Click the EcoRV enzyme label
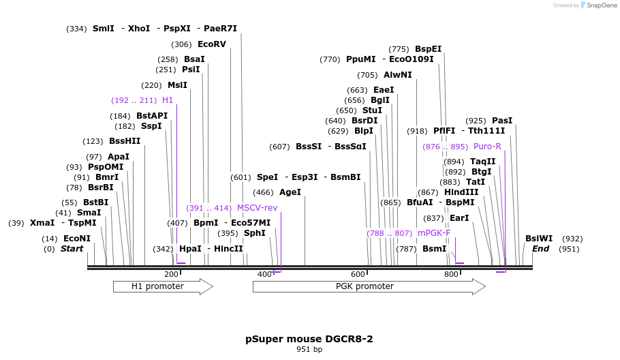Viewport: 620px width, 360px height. coord(211,44)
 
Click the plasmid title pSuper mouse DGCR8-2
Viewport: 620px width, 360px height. coord(309,339)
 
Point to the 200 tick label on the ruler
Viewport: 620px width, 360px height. coord(171,274)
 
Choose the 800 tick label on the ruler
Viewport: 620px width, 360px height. coord(451,274)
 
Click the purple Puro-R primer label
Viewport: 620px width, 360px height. coord(487,147)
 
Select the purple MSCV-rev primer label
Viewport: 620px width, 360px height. coord(262,208)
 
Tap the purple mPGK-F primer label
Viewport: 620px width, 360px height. coord(434,233)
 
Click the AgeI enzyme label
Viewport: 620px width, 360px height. coord(290,192)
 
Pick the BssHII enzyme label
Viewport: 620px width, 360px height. coord(125,141)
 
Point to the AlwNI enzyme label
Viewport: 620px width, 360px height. coord(398,75)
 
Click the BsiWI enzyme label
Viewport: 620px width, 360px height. coord(539,239)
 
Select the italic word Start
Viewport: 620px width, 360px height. coord(72,249)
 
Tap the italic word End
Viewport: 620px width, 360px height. coord(540,249)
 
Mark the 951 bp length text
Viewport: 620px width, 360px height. coord(309,350)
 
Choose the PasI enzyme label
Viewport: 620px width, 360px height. coord(502,121)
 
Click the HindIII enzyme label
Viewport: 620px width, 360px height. coord(461,192)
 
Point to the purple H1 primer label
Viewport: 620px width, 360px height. coord(168,100)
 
